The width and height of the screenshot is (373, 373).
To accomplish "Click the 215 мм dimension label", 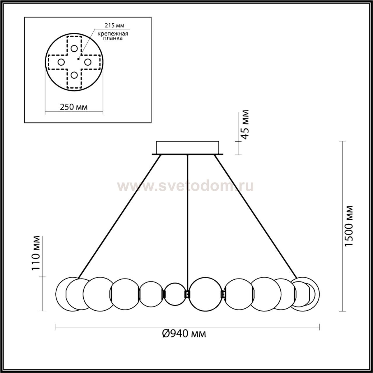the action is [x=115, y=25].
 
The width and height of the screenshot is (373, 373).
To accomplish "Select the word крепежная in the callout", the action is [x=113, y=34].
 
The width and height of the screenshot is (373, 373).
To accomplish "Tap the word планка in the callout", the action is [x=113, y=38].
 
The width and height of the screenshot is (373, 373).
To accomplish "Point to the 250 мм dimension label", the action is [x=74, y=107].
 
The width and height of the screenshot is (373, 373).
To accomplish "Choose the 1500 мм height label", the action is [x=349, y=226].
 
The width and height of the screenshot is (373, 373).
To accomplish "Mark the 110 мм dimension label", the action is [x=36, y=253].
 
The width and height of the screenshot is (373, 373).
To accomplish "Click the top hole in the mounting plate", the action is [x=74, y=48].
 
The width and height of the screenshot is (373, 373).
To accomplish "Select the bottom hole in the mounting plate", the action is [x=74, y=75].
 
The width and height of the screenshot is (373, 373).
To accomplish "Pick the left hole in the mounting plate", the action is [x=61, y=62].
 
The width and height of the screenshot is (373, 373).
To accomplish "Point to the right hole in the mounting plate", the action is [x=88, y=62].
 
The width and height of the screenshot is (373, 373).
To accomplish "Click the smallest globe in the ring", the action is [x=175, y=294].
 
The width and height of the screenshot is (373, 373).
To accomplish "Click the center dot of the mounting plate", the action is [x=78, y=59].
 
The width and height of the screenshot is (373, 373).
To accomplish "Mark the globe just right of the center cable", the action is [x=205, y=294].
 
